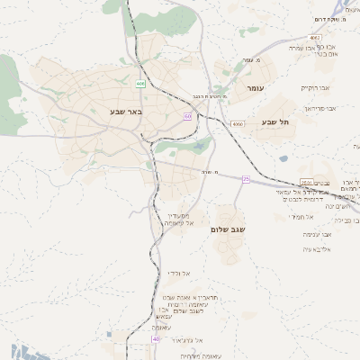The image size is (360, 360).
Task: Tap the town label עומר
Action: [x=254, y=89]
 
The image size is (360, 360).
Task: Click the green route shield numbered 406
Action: [x=141, y=84]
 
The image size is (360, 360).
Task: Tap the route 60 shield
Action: [x=187, y=116]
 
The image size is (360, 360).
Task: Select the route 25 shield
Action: [x=246, y=179]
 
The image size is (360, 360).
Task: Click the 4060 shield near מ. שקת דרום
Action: [x=313, y=37]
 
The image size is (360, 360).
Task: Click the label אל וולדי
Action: [x=176, y=274]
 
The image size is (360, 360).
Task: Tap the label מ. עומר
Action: [x=251, y=60]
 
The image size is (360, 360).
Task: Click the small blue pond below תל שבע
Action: [x=283, y=158]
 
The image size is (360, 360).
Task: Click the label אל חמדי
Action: [x=300, y=216]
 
